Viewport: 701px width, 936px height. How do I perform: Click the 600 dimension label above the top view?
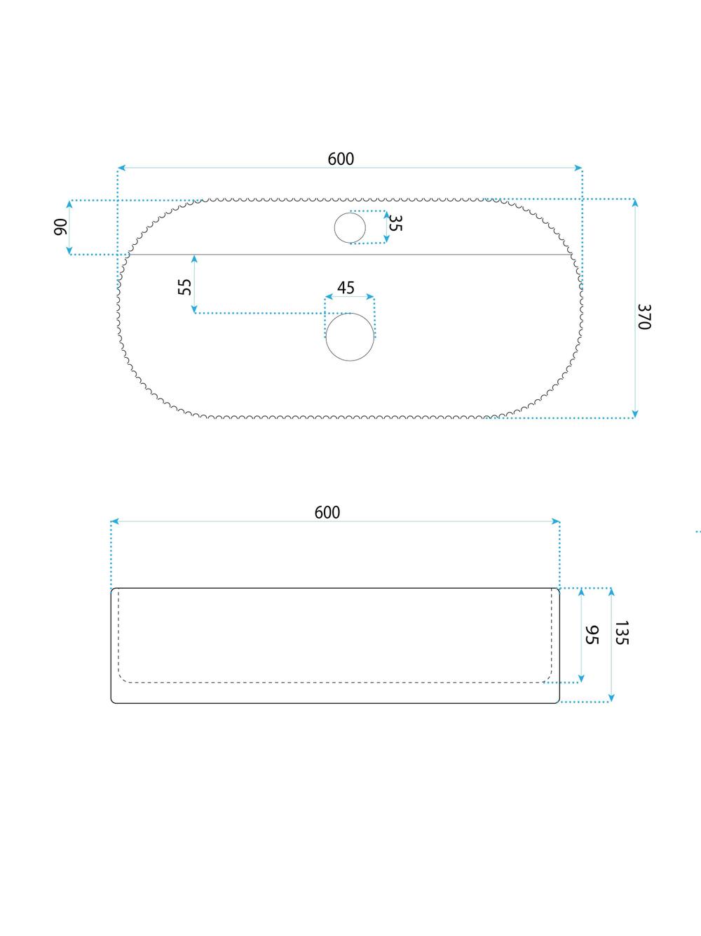341,159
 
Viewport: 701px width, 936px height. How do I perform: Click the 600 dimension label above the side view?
327,513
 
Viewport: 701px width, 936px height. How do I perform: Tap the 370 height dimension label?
644,317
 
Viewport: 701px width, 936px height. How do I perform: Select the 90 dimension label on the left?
61,227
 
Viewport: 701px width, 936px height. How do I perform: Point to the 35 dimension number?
395,223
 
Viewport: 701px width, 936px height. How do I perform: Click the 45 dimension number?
346,288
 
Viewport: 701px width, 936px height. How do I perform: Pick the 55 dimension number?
185,286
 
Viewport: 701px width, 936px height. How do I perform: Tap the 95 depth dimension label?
592,635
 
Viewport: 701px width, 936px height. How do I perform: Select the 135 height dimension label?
622,633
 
